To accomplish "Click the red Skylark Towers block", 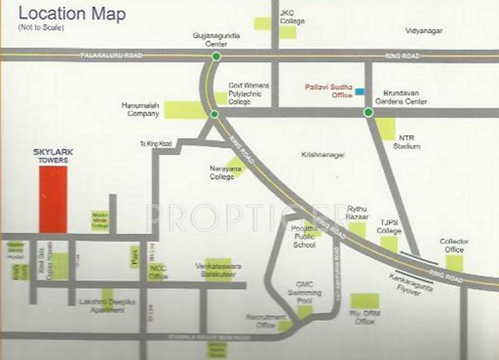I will [53, 199].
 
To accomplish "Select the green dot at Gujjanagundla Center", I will [216, 57].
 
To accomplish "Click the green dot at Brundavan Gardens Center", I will [368, 112].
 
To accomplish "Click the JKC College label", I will [287, 17].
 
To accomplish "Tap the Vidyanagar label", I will [423, 31].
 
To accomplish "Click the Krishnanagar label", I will [323, 155].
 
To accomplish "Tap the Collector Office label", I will [454, 245].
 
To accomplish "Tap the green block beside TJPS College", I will [389, 243].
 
